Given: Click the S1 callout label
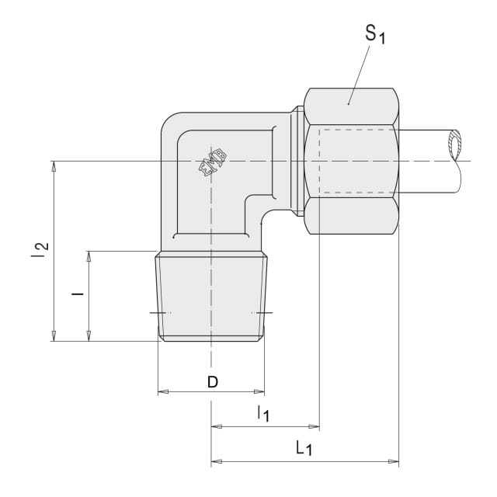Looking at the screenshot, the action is [x=375, y=34].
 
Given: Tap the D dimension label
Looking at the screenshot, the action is [x=213, y=382].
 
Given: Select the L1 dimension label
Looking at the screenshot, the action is [x=304, y=448].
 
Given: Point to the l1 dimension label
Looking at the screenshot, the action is [x=263, y=413].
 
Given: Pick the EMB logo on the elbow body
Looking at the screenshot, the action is [x=213, y=162].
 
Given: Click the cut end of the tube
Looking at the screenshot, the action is [x=454, y=145].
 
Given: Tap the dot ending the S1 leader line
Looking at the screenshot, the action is [x=349, y=103].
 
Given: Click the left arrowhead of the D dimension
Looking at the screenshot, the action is [x=163, y=391].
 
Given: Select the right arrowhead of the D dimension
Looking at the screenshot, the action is [x=259, y=391].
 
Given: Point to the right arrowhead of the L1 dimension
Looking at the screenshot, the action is [x=394, y=461].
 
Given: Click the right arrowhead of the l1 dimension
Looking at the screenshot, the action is [x=314, y=426].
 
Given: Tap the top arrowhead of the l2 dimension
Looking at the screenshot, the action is [x=54, y=166].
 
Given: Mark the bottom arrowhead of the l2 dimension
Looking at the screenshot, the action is [x=54, y=336].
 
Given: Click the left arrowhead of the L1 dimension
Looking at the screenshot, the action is [x=217, y=461].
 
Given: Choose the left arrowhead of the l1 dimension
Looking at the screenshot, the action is [x=217, y=426].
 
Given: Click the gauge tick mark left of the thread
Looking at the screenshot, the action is [x=158, y=313].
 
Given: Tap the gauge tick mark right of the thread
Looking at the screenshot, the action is [x=265, y=313].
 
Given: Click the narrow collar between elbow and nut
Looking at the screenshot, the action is [x=297, y=161].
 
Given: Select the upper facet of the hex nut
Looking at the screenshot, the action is [x=351, y=106].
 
